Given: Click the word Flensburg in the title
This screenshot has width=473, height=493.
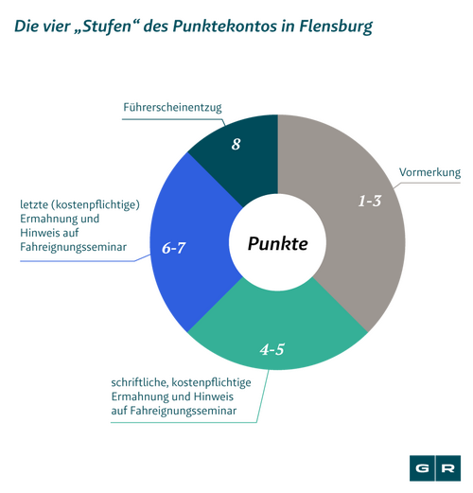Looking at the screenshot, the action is click(336, 26).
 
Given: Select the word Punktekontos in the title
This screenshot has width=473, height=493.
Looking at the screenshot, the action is click(223, 26).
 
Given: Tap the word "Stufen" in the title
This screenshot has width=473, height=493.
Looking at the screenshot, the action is click(107, 26).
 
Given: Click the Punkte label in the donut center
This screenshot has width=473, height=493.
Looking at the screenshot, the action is click(277, 243).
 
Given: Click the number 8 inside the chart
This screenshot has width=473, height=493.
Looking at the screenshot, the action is click(236, 144).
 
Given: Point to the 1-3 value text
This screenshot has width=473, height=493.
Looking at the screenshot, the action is click(370, 201).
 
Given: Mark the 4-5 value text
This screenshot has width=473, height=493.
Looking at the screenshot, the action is click(272, 349).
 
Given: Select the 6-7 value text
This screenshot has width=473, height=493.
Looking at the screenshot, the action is click(173, 248).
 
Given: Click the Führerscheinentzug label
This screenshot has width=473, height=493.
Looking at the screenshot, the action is click(172, 107).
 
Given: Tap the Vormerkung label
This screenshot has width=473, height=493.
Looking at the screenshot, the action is click(429, 172).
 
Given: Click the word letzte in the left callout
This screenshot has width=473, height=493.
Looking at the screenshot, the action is click(34, 204).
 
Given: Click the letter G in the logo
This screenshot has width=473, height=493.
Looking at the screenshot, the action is click(422, 468).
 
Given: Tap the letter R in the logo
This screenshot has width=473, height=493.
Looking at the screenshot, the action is click(448, 468).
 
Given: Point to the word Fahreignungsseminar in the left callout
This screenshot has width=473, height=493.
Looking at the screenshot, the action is click(73, 247).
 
